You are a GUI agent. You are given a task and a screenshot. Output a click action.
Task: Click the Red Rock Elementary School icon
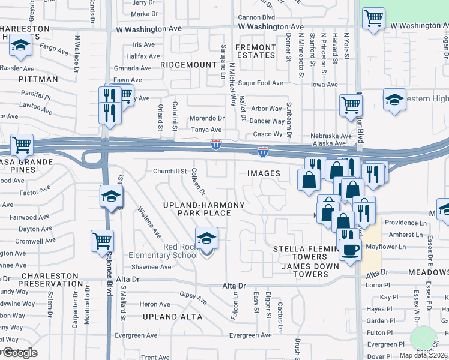point(206,239)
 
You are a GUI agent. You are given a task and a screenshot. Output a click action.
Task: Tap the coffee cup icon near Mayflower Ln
point(350,249)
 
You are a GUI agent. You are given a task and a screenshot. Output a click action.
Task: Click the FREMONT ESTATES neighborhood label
point(255,51)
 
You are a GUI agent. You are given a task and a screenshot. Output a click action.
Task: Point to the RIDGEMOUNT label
point(188,65)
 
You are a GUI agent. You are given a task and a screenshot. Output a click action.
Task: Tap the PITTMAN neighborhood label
point(38,79)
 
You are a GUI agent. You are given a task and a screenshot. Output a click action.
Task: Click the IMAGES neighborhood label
point(264,173)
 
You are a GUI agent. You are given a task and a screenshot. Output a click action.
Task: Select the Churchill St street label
point(170,171)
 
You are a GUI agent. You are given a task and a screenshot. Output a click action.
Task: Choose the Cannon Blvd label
point(256,17)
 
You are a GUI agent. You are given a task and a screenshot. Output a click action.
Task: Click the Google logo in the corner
point(19,353)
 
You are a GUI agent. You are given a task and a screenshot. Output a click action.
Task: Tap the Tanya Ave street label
point(206,130)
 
